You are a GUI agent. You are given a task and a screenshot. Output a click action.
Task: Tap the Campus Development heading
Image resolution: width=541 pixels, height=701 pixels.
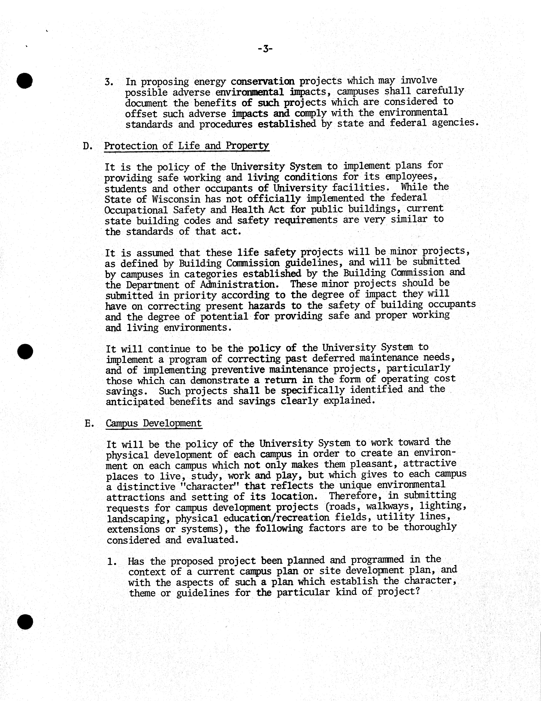pos(154,423)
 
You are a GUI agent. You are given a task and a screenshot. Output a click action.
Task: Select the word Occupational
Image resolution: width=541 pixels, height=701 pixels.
pos(136,210)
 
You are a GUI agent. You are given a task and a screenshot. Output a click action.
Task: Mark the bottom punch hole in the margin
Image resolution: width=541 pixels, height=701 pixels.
pos(25,622)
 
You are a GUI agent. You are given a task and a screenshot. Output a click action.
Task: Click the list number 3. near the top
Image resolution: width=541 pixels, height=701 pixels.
pos(109,82)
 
